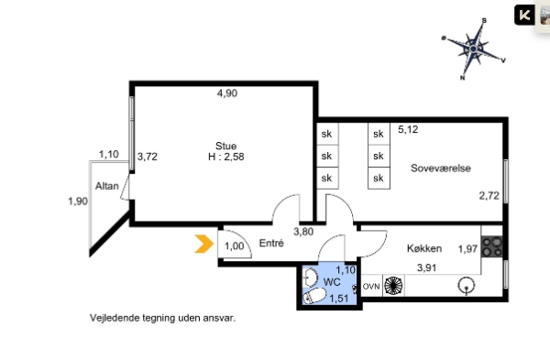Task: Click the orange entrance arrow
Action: click(204, 244)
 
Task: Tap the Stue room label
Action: click(225, 146)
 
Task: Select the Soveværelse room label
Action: click(441, 169)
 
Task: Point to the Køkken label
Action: click(424, 248)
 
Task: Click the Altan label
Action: click(107, 186)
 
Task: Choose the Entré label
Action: click(271, 243)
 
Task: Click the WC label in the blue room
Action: click(332, 282)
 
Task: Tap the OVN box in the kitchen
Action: click(371, 287)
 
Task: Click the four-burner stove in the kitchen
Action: click(492, 246)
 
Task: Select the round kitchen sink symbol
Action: click(467, 285)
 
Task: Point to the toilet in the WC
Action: click(314, 297)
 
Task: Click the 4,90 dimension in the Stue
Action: click(227, 93)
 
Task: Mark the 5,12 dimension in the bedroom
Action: click(408, 129)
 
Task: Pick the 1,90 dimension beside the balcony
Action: click(78, 202)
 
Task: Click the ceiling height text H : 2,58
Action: click(225, 157)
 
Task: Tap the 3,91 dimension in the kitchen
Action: click(426, 267)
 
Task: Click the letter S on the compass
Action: click(484, 21)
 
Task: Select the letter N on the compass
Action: click(462, 78)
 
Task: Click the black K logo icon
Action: click(524, 15)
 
